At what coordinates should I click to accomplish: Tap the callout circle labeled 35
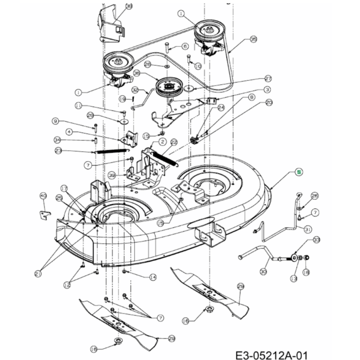(x=253, y=39)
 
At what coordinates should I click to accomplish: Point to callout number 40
(x=43, y=196)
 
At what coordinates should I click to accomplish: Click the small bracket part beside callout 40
(x=45, y=211)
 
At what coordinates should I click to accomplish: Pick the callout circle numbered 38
(x=129, y=6)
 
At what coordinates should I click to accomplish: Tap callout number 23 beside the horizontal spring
(x=58, y=151)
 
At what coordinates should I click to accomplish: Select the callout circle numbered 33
(x=316, y=240)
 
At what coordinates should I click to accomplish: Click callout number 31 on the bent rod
(x=308, y=229)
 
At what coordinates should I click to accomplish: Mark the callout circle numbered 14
(x=153, y=277)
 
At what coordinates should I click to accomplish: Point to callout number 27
(x=267, y=79)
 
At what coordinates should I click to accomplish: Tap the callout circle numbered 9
(x=56, y=121)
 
